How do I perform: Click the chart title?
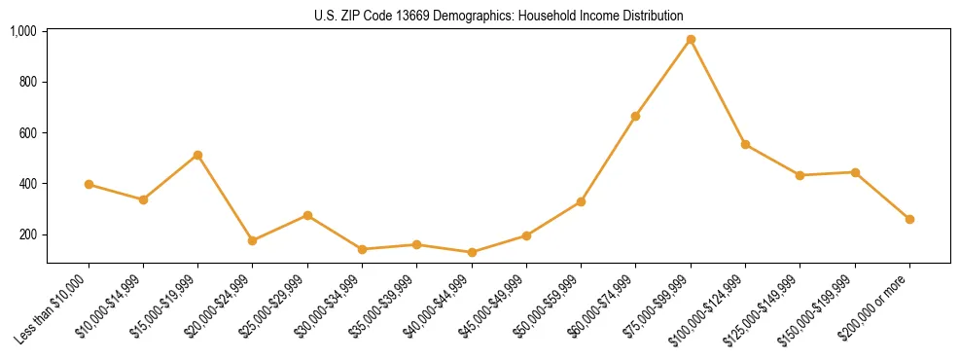[x=498, y=17]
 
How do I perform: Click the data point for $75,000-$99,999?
[x=691, y=40]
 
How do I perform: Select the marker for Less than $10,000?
[x=89, y=184]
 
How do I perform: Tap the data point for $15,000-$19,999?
[x=197, y=155]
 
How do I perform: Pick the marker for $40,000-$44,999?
[x=472, y=252]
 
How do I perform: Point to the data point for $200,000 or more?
[x=909, y=219]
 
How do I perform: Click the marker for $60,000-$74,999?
[x=635, y=116]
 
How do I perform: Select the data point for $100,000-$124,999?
[x=745, y=144]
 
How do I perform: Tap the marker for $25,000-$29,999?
[x=307, y=215]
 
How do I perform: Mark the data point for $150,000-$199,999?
[x=855, y=172]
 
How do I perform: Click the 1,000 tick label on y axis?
[x=23, y=31]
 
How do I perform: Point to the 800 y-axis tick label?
[x=28, y=82]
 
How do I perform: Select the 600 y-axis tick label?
[x=28, y=132]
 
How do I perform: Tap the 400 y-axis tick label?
[x=28, y=184]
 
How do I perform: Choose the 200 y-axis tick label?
[x=28, y=234]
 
